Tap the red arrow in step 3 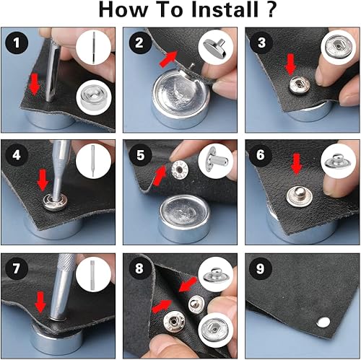tap(290, 66)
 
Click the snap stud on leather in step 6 tap(294, 195)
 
